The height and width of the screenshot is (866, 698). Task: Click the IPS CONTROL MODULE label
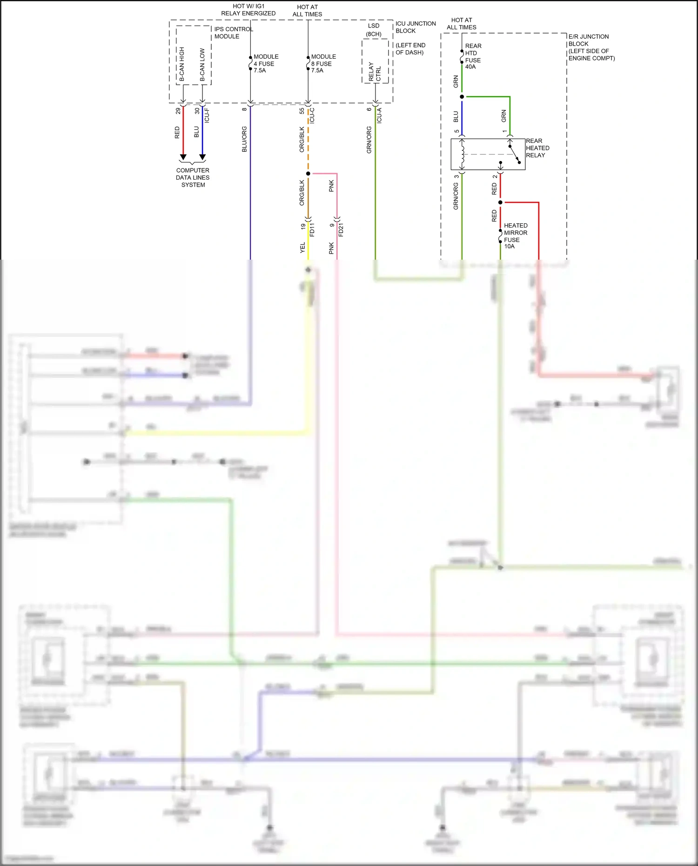pos(233,33)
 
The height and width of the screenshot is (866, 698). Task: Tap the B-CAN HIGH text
pos(182,64)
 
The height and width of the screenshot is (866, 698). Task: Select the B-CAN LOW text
pos(202,65)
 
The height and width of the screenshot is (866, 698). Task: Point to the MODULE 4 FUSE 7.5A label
pos(266,63)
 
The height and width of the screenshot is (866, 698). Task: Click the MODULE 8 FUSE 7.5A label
pos(323,63)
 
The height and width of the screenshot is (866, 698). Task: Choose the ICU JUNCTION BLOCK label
pos(416,27)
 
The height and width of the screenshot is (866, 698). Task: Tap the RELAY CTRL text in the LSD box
pos(375,72)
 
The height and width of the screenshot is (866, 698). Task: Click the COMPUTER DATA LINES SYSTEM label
pos(193,177)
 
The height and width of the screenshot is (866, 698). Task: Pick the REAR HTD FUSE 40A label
pos(473,56)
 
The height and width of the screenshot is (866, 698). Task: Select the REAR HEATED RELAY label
pos(537,148)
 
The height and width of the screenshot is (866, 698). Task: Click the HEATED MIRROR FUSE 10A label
pos(515,235)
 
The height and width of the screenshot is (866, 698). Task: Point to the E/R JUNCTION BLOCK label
pos(591,47)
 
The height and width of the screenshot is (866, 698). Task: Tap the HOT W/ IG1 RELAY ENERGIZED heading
pos(248,10)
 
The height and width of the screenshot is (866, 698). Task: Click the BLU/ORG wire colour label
pos(244,139)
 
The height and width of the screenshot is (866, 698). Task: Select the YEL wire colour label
pos(302,248)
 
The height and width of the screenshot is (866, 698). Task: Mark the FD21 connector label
pos(341,230)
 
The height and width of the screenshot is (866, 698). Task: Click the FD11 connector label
pos(312,230)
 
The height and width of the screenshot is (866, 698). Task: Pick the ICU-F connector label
pos(207,115)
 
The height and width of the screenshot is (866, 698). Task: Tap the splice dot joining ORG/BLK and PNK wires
pos(308,174)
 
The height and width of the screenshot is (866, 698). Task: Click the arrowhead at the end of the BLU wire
pos(202,157)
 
